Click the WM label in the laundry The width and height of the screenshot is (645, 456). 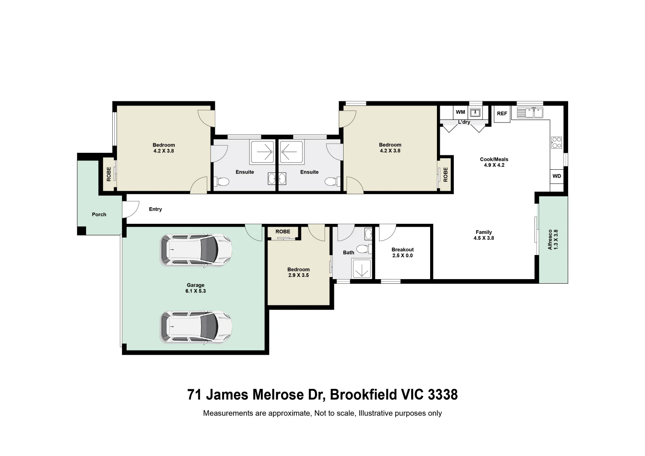point(460,112)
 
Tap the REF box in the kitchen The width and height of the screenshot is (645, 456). point(502,114)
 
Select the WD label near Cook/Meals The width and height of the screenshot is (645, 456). point(557,176)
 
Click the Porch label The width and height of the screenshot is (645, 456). point(99,214)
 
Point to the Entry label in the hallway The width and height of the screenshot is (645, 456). point(155,209)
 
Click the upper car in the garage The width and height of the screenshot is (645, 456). point(196,250)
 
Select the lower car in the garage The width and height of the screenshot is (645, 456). point(196,327)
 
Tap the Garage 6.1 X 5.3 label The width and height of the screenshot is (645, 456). point(195,288)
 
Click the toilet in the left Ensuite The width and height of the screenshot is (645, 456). point(222,182)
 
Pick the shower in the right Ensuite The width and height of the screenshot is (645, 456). point(291,152)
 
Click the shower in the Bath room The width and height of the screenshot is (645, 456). point(362,269)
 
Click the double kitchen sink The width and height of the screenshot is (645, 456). point(530,113)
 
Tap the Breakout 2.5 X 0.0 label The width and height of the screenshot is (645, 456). point(402,252)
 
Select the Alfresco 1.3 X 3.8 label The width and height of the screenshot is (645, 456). point(553,239)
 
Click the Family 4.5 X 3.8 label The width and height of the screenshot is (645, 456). point(484,235)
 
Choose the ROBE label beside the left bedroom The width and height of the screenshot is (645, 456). point(109,174)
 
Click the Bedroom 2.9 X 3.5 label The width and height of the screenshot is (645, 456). point(298,272)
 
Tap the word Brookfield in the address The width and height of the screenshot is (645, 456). point(363,395)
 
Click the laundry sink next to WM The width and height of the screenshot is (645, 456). point(475,112)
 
